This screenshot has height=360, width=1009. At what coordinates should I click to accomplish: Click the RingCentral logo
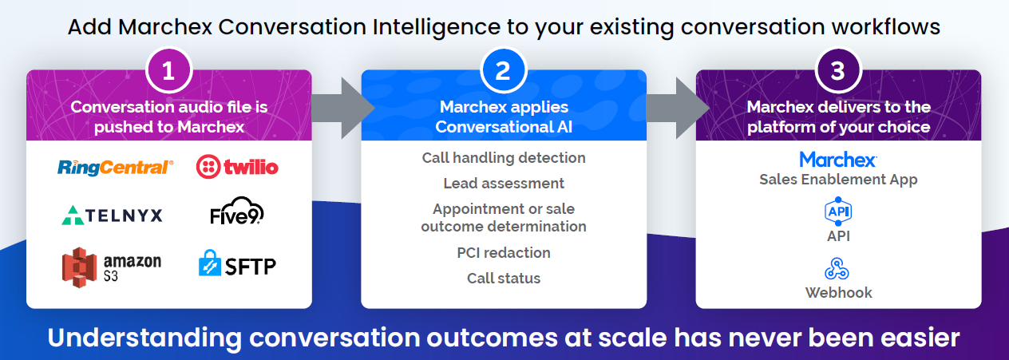coord(115,167)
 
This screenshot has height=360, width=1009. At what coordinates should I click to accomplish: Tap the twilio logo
coord(237,167)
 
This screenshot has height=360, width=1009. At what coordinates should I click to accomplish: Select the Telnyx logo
coord(112,216)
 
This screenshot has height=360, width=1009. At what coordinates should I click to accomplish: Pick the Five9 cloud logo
coord(237,211)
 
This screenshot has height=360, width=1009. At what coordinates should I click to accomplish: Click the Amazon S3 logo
coord(112,267)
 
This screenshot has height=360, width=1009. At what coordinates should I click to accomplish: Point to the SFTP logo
coord(237,263)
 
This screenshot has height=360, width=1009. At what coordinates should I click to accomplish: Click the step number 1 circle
coord(169,70)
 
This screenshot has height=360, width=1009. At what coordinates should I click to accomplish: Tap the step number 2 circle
coord(503,70)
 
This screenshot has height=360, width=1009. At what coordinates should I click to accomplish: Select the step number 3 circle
coord(838,70)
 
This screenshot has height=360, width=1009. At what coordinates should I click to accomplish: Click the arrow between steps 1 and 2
coord(342,108)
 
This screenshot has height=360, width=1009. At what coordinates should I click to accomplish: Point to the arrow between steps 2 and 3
coord(678,108)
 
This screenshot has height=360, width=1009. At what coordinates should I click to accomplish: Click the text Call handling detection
coord(504,158)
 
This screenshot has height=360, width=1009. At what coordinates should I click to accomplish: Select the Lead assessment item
coord(504,183)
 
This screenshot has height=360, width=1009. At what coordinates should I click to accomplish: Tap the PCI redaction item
coord(504,252)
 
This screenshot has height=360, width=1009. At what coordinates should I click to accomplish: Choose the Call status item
coord(504,278)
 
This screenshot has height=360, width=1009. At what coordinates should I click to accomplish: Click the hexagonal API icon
coord(838,212)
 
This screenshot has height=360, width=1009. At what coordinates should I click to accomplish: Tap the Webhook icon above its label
coord(837,268)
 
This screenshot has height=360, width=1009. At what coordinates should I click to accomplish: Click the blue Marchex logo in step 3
coord(838,160)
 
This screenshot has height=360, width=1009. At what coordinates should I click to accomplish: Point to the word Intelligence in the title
coord(436,27)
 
